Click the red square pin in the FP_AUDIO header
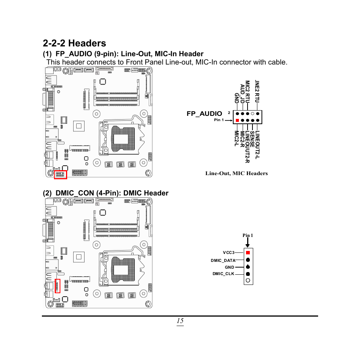pyautogui.click(x=237, y=120)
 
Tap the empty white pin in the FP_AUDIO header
pyautogui.click(x=253, y=114)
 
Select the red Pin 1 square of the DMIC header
pyautogui.click(x=248, y=252)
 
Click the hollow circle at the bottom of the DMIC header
pyautogui.click(x=248, y=280)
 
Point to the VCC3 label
pyautogui.click(x=229, y=252)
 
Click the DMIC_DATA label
pyautogui.click(x=223, y=260)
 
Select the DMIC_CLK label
pyautogui.click(x=223, y=274)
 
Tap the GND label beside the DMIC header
pyautogui.click(x=229, y=267)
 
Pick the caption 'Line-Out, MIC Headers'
pyautogui.click(x=236, y=174)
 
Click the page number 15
pyautogui.click(x=180, y=321)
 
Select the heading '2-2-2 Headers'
pyautogui.click(x=74, y=43)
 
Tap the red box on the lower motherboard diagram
pyautogui.click(x=58, y=286)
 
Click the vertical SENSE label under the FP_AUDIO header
pyautogui.click(x=252, y=139)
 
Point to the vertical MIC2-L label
pyautogui.click(x=237, y=139)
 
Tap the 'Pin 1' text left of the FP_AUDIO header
pyautogui.click(x=219, y=120)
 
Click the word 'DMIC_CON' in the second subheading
pyautogui.click(x=74, y=193)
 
